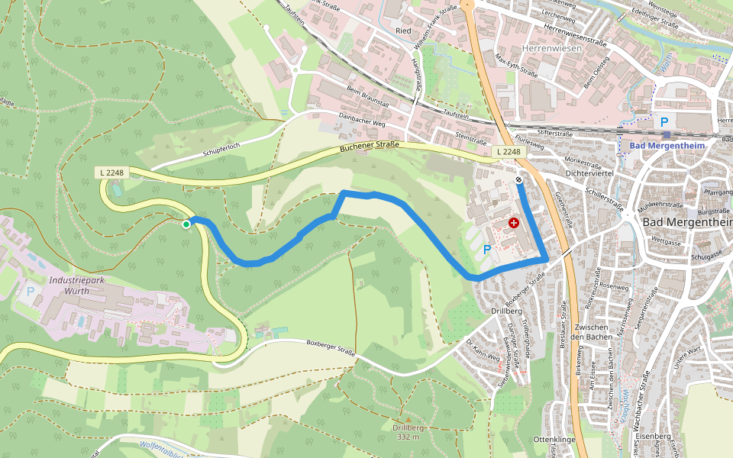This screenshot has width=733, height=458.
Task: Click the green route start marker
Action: pyautogui.click(x=186, y=224)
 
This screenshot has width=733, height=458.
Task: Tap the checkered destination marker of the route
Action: pyautogui.click(x=519, y=181)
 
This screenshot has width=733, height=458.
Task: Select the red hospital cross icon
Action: pyautogui.click(x=514, y=223)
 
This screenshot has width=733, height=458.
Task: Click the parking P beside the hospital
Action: pyautogui.click(x=487, y=250)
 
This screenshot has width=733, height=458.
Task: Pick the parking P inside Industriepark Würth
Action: pyautogui.click(x=31, y=291)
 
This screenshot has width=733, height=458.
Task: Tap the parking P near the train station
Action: pyautogui.click(x=664, y=121)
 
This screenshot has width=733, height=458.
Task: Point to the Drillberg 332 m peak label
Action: pyautogui.click(x=408, y=432)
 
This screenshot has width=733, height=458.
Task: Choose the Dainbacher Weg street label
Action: pyautogui.click(x=363, y=119)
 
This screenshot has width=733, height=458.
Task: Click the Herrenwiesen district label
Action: pyautogui.click(x=551, y=48)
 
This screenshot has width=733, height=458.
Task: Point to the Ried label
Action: pyautogui.click(x=403, y=31)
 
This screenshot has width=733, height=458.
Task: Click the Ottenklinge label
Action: pyautogui.click(x=554, y=440)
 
